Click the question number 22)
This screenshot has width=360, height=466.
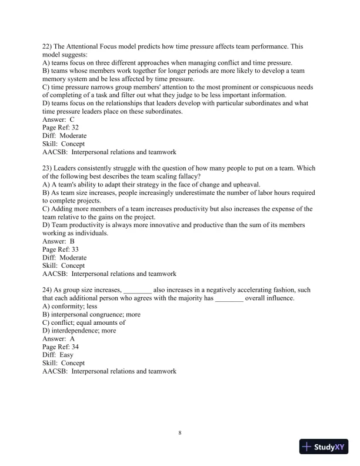[49, 46]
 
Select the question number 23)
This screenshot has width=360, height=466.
[49, 167]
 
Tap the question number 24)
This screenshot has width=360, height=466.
[49, 289]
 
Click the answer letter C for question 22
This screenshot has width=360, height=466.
[72, 119]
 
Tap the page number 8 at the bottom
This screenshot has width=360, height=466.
[180, 433]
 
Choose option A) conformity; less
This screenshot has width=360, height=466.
[70, 306]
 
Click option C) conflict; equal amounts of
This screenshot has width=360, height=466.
[84, 322]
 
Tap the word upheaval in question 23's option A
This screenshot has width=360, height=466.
[246, 184]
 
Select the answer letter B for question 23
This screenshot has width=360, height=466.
[72, 241]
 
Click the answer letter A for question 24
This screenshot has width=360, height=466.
[72, 339]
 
